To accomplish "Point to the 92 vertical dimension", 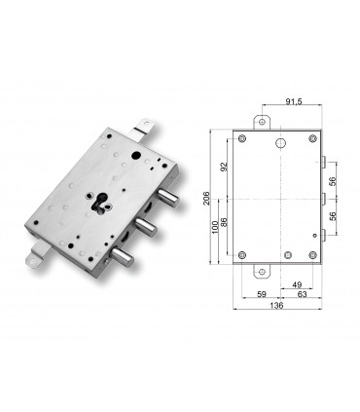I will (x=225, y=166).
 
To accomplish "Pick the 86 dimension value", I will (x=226, y=222).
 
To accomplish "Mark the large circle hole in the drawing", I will (x=280, y=145).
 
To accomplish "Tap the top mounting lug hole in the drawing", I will (x=259, y=122).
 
